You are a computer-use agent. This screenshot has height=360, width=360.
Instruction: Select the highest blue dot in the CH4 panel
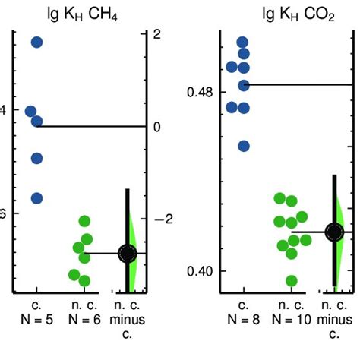point(36,42)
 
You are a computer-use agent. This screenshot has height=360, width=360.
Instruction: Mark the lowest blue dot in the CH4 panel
point(36,198)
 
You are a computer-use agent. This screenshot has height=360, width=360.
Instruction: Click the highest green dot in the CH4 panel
point(85,221)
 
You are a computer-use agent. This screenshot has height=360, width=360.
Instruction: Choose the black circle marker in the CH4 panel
point(128,253)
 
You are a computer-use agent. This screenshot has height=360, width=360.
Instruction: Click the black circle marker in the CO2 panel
point(334,232)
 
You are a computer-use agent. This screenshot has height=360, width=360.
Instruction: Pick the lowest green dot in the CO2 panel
point(291,281)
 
